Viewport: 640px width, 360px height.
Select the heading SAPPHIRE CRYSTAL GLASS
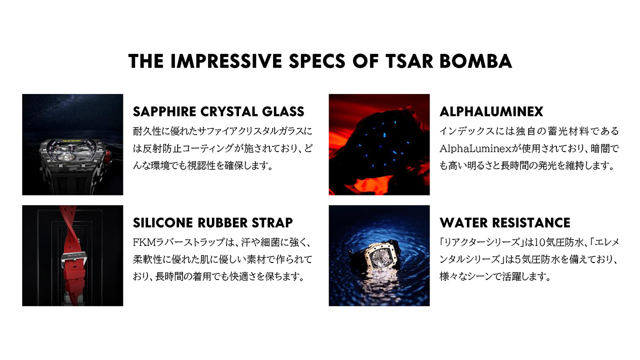[218, 111]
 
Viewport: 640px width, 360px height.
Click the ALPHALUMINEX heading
[491, 111]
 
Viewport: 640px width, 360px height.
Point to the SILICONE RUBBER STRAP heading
[213, 222]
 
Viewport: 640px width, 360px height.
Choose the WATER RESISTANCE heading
[504, 222]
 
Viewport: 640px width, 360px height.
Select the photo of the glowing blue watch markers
[379, 144]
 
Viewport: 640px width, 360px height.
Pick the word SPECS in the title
[317, 61]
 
